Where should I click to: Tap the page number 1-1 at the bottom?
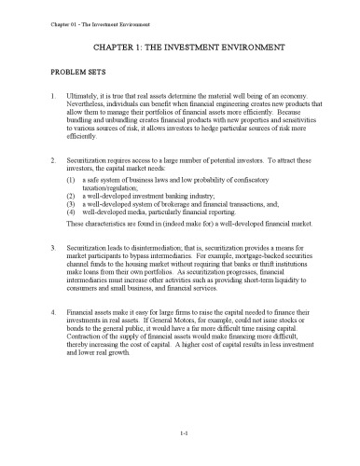(x=180, y=433)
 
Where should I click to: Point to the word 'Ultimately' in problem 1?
(x=84, y=96)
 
